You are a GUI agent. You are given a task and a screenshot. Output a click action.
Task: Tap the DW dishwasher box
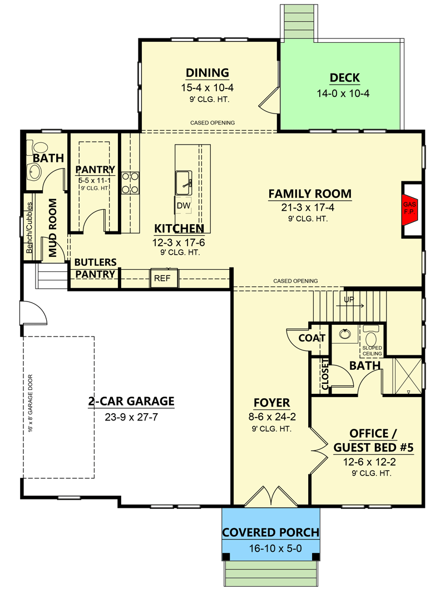[184, 206]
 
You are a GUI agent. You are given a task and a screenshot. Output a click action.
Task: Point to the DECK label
[345, 78]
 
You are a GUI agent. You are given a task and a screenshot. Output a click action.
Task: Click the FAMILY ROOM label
[310, 194]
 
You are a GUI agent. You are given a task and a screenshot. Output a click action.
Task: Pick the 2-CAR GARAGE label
[131, 401]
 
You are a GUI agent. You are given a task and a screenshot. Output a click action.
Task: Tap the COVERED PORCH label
[271, 532]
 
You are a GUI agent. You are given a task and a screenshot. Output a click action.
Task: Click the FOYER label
[271, 403]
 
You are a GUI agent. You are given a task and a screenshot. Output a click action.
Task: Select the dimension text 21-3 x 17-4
[310, 208]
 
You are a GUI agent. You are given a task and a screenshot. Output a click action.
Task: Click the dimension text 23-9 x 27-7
[131, 417]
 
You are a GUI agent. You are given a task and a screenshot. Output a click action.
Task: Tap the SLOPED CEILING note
[372, 351]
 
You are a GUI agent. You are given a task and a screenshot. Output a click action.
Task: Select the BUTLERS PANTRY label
[95, 268]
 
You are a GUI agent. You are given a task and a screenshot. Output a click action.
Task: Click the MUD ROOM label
[53, 228]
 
